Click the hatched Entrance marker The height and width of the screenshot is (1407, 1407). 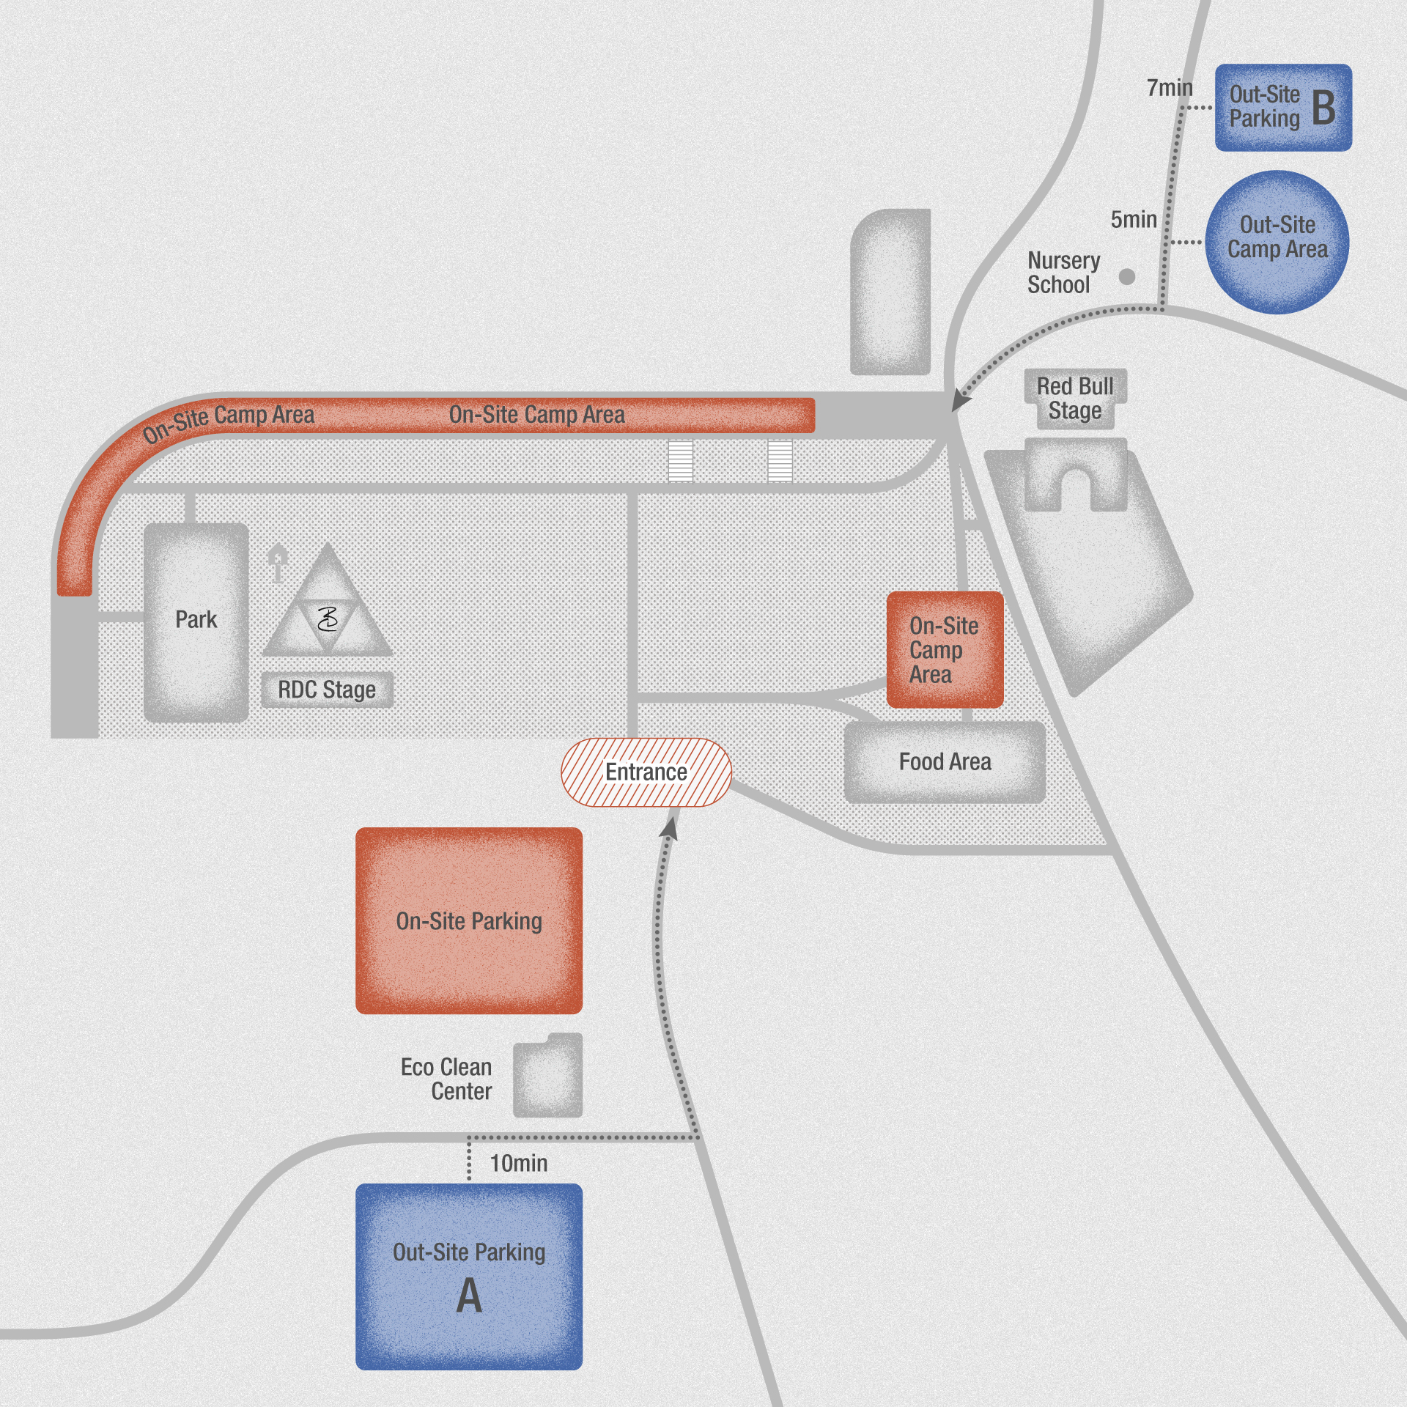[646, 772]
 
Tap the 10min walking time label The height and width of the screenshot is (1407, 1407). [518, 1163]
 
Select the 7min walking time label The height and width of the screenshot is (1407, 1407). [1169, 89]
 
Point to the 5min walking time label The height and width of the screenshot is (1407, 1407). [1133, 220]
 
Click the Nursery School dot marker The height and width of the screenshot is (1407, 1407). [1127, 276]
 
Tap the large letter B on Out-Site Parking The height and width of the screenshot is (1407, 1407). [1323, 108]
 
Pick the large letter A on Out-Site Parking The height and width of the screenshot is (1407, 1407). [469, 1296]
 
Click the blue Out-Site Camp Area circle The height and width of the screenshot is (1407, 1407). [1277, 242]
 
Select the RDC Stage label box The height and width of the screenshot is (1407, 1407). [327, 690]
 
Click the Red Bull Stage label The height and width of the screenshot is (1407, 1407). [1074, 399]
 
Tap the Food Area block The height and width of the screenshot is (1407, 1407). [945, 762]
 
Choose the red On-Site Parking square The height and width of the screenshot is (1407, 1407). [469, 920]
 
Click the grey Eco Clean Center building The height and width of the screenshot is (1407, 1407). [548, 1075]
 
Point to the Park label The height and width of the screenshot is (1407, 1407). [196, 620]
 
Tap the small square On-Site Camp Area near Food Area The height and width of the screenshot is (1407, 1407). [944, 649]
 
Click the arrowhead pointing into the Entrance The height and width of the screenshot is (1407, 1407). [669, 827]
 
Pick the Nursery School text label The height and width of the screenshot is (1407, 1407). [1063, 273]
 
